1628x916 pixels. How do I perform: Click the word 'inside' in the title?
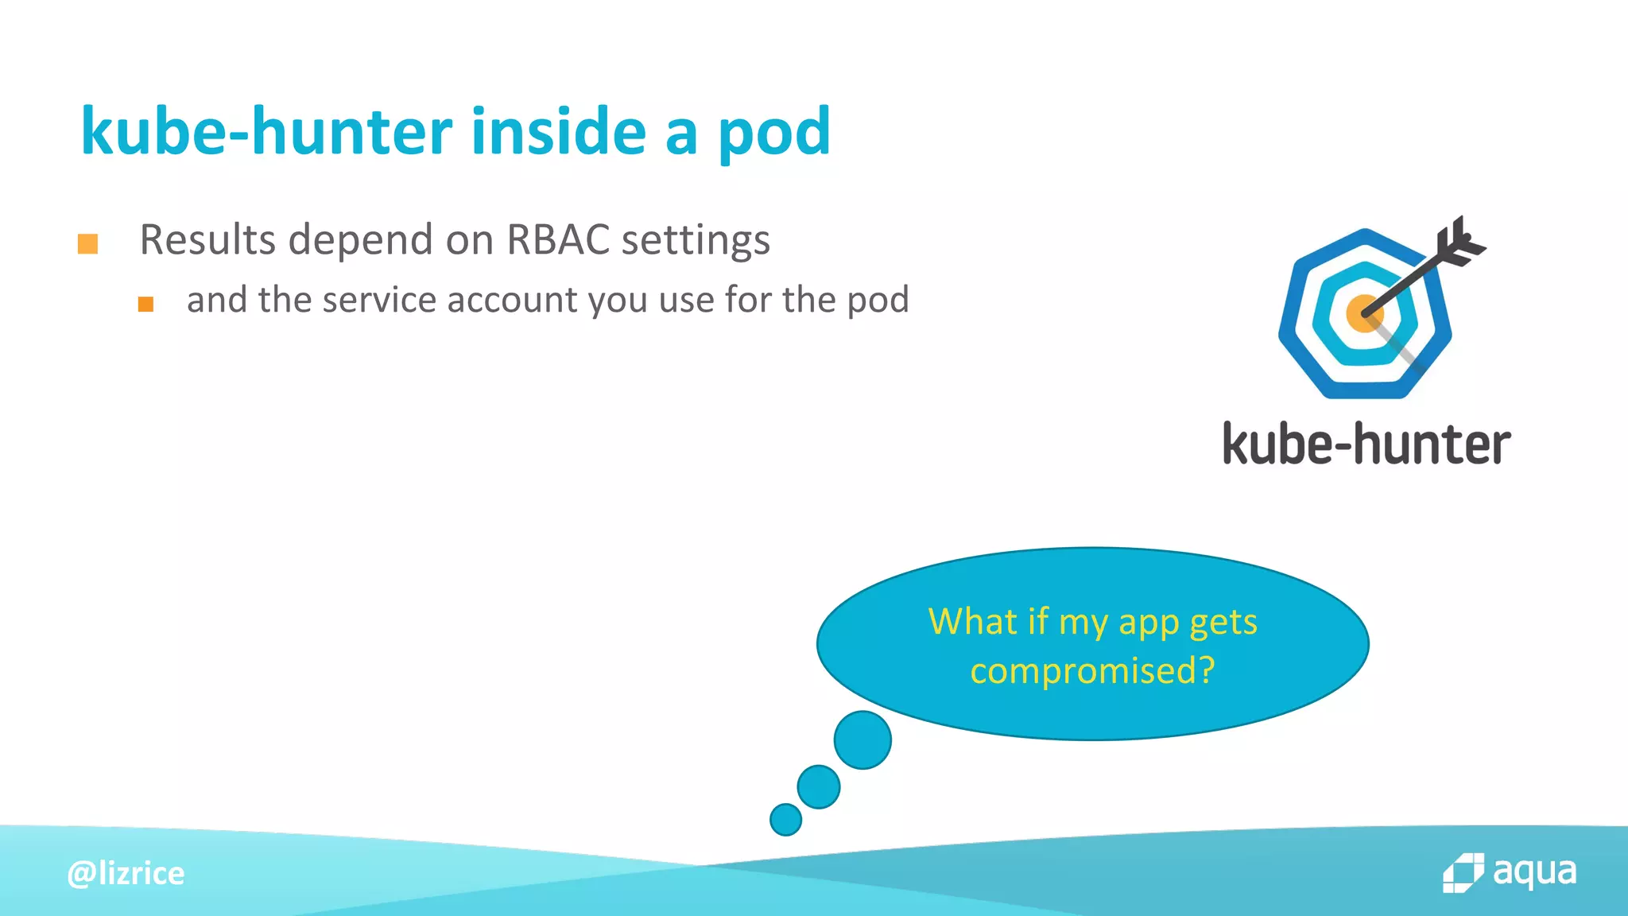558,131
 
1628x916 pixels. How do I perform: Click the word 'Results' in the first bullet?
207,239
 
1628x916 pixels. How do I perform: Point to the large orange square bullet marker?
87,243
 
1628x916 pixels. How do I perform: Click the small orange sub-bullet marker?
145,304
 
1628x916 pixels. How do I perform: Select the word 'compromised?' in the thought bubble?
1092,670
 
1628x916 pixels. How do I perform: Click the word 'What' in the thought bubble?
972,621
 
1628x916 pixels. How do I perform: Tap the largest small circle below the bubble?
862,739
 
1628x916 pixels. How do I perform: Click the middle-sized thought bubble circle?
818,786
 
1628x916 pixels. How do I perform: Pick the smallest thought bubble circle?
785,819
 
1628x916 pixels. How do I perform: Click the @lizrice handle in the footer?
126,873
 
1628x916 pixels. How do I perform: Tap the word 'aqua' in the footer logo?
1534,871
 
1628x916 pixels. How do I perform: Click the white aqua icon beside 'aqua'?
1463,873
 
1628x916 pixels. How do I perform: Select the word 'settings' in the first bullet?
696,239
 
